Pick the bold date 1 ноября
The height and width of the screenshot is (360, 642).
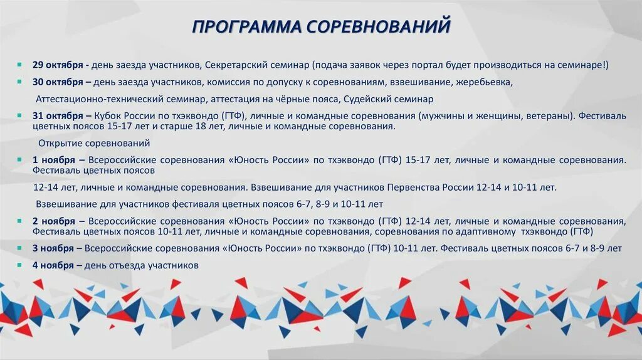(54, 160)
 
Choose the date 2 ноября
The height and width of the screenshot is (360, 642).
(54, 221)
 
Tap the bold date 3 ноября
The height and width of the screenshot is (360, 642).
(54, 248)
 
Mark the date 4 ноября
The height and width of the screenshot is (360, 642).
(54, 265)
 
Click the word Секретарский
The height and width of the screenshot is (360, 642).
(236, 65)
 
